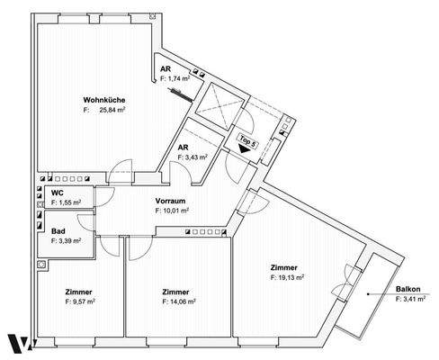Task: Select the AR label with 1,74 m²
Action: click(166, 69)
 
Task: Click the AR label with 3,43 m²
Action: click(183, 147)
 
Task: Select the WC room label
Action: click(57, 193)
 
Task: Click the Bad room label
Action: click(58, 231)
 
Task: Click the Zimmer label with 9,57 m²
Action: click(79, 292)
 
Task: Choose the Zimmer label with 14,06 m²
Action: click(175, 292)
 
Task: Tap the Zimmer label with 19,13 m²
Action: click(285, 268)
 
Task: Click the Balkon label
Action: click(408, 289)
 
